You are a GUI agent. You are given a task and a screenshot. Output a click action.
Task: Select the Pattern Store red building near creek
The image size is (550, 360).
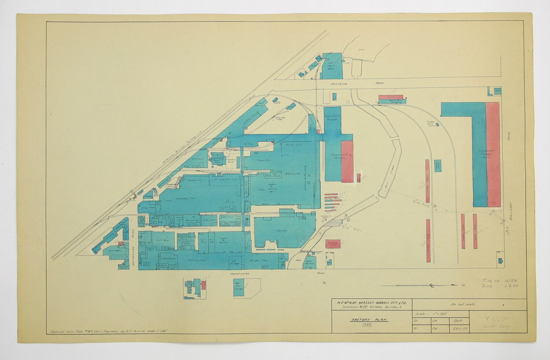point(333,243)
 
